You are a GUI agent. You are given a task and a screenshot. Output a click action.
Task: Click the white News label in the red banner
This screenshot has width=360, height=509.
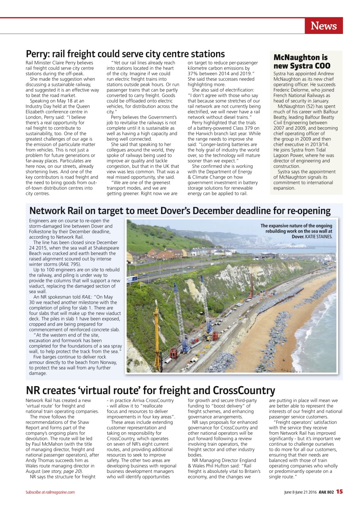click(x=323, y=26)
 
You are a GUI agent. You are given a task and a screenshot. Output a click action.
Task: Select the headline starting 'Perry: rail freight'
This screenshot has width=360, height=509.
click(x=125, y=54)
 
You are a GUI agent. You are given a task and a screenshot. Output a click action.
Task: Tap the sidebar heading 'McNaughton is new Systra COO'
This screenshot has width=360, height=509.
click(x=302, y=62)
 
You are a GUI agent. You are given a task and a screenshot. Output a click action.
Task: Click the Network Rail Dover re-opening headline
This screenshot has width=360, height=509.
click(x=180, y=211)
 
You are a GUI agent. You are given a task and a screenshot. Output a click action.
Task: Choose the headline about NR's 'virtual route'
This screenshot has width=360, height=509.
click(x=150, y=390)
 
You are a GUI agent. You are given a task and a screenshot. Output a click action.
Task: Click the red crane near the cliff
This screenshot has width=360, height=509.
click(x=251, y=286)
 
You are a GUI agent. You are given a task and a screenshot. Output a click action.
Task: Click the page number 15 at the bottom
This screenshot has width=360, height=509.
click(x=339, y=492)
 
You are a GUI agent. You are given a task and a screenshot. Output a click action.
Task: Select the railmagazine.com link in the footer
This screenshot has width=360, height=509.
click(x=60, y=492)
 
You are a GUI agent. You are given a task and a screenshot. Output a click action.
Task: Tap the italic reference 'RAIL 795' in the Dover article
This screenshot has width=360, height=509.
click(x=70, y=264)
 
